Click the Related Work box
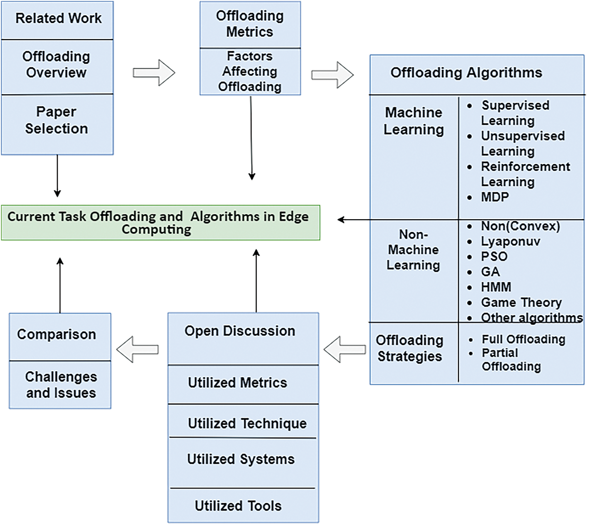(x=58, y=19)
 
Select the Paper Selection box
(x=57, y=121)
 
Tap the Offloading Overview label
(x=57, y=65)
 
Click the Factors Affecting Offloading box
(x=250, y=72)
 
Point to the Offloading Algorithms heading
(x=466, y=73)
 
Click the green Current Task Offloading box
(x=160, y=223)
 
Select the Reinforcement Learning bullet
(x=525, y=174)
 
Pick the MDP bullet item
(x=494, y=197)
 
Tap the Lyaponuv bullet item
(x=510, y=241)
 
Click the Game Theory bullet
(x=521, y=302)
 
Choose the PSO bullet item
(x=494, y=257)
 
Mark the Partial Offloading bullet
(x=511, y=360)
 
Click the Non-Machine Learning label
(x=413, y=250)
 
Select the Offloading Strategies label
(x=409, y=348)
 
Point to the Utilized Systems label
(x=241, y=459)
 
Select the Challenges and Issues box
(x=60, y=385)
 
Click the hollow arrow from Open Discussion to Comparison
(x=137, y=349)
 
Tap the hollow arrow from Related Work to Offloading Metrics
(x=154, y=73)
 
